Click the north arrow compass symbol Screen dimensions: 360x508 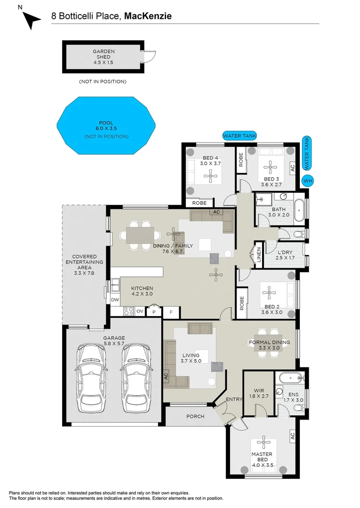point(32,20)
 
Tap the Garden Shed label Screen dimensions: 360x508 point(104,54)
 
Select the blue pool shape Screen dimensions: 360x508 point(106,126)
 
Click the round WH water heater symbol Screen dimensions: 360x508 point(307,181)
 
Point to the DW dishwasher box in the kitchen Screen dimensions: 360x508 point(115,300)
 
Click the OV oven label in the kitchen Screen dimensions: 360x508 point(140,311)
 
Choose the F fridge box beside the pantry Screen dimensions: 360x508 point(171,312)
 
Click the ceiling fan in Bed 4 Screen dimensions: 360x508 point(211,176)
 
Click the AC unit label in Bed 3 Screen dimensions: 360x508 point(293,168)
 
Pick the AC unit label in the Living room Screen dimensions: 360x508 point(166,376)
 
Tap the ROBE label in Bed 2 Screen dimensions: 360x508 point(241,303)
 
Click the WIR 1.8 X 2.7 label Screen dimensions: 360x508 point(259,393)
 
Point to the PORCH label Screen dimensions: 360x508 point(195,416)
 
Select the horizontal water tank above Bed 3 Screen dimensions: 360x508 point(240,136)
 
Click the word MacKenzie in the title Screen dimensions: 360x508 point(148,16)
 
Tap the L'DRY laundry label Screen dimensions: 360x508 point(285,252)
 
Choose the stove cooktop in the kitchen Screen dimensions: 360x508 point(128,311)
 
